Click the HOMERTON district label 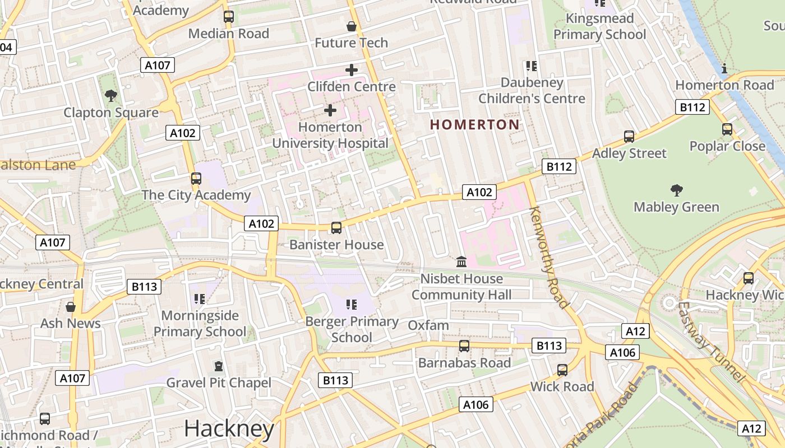point(475,124)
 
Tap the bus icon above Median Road point(228,17)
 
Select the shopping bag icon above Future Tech point(351,26)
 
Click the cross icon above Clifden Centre point(351,70)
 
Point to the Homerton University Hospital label point(330,135)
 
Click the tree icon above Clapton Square point(111,96)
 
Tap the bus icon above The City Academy point(196,179)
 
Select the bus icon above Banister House point(336,228)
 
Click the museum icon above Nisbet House point(461,262)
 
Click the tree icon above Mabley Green point(676,190)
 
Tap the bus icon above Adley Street point(629,137)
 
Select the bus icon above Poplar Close point(727,129)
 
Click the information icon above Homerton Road point(724,69)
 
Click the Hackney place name point(229,429)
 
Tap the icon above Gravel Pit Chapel point(219,367)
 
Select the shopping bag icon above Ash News point(71,307)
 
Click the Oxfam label point(428,325)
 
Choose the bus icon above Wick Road point(562,370)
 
